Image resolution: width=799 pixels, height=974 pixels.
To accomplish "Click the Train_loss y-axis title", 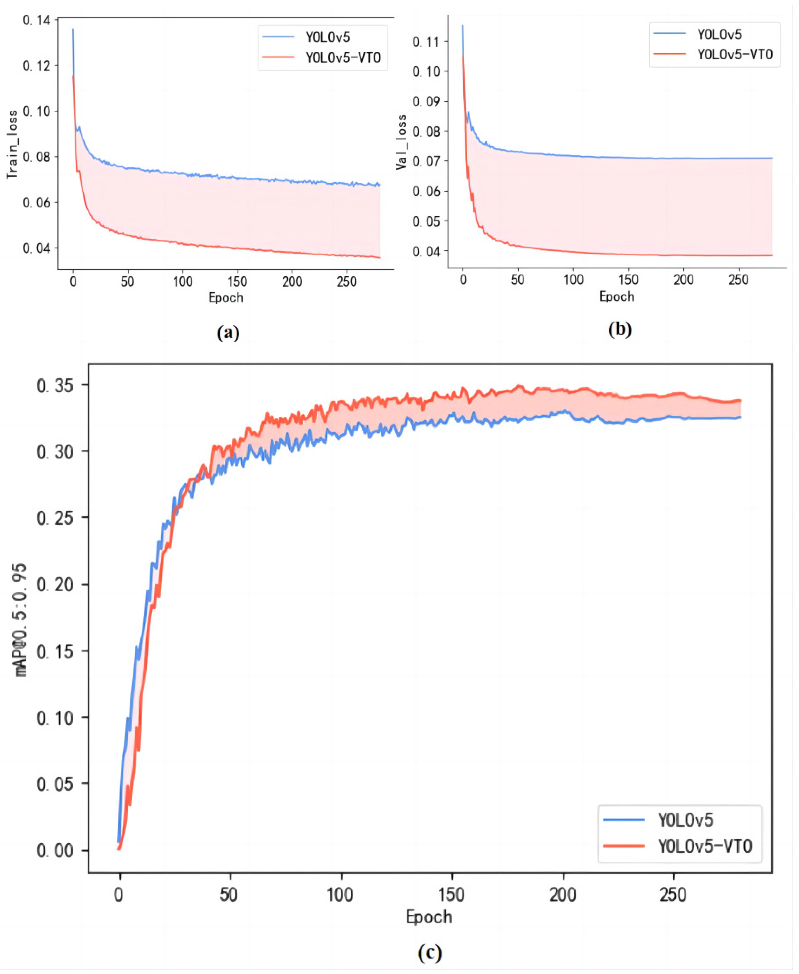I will (x=12, y=144).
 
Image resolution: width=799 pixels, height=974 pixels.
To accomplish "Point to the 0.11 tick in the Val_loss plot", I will (x=426, y=42).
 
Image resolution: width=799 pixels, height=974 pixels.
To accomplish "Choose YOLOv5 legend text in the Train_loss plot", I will (x=328, y=37).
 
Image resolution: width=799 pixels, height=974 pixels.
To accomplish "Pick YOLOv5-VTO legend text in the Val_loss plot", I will (x=734, y=54).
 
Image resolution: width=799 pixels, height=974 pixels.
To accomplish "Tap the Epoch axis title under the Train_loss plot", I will (x=225, y=297).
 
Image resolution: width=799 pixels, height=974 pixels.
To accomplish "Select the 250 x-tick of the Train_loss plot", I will (x=347, y=282).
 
